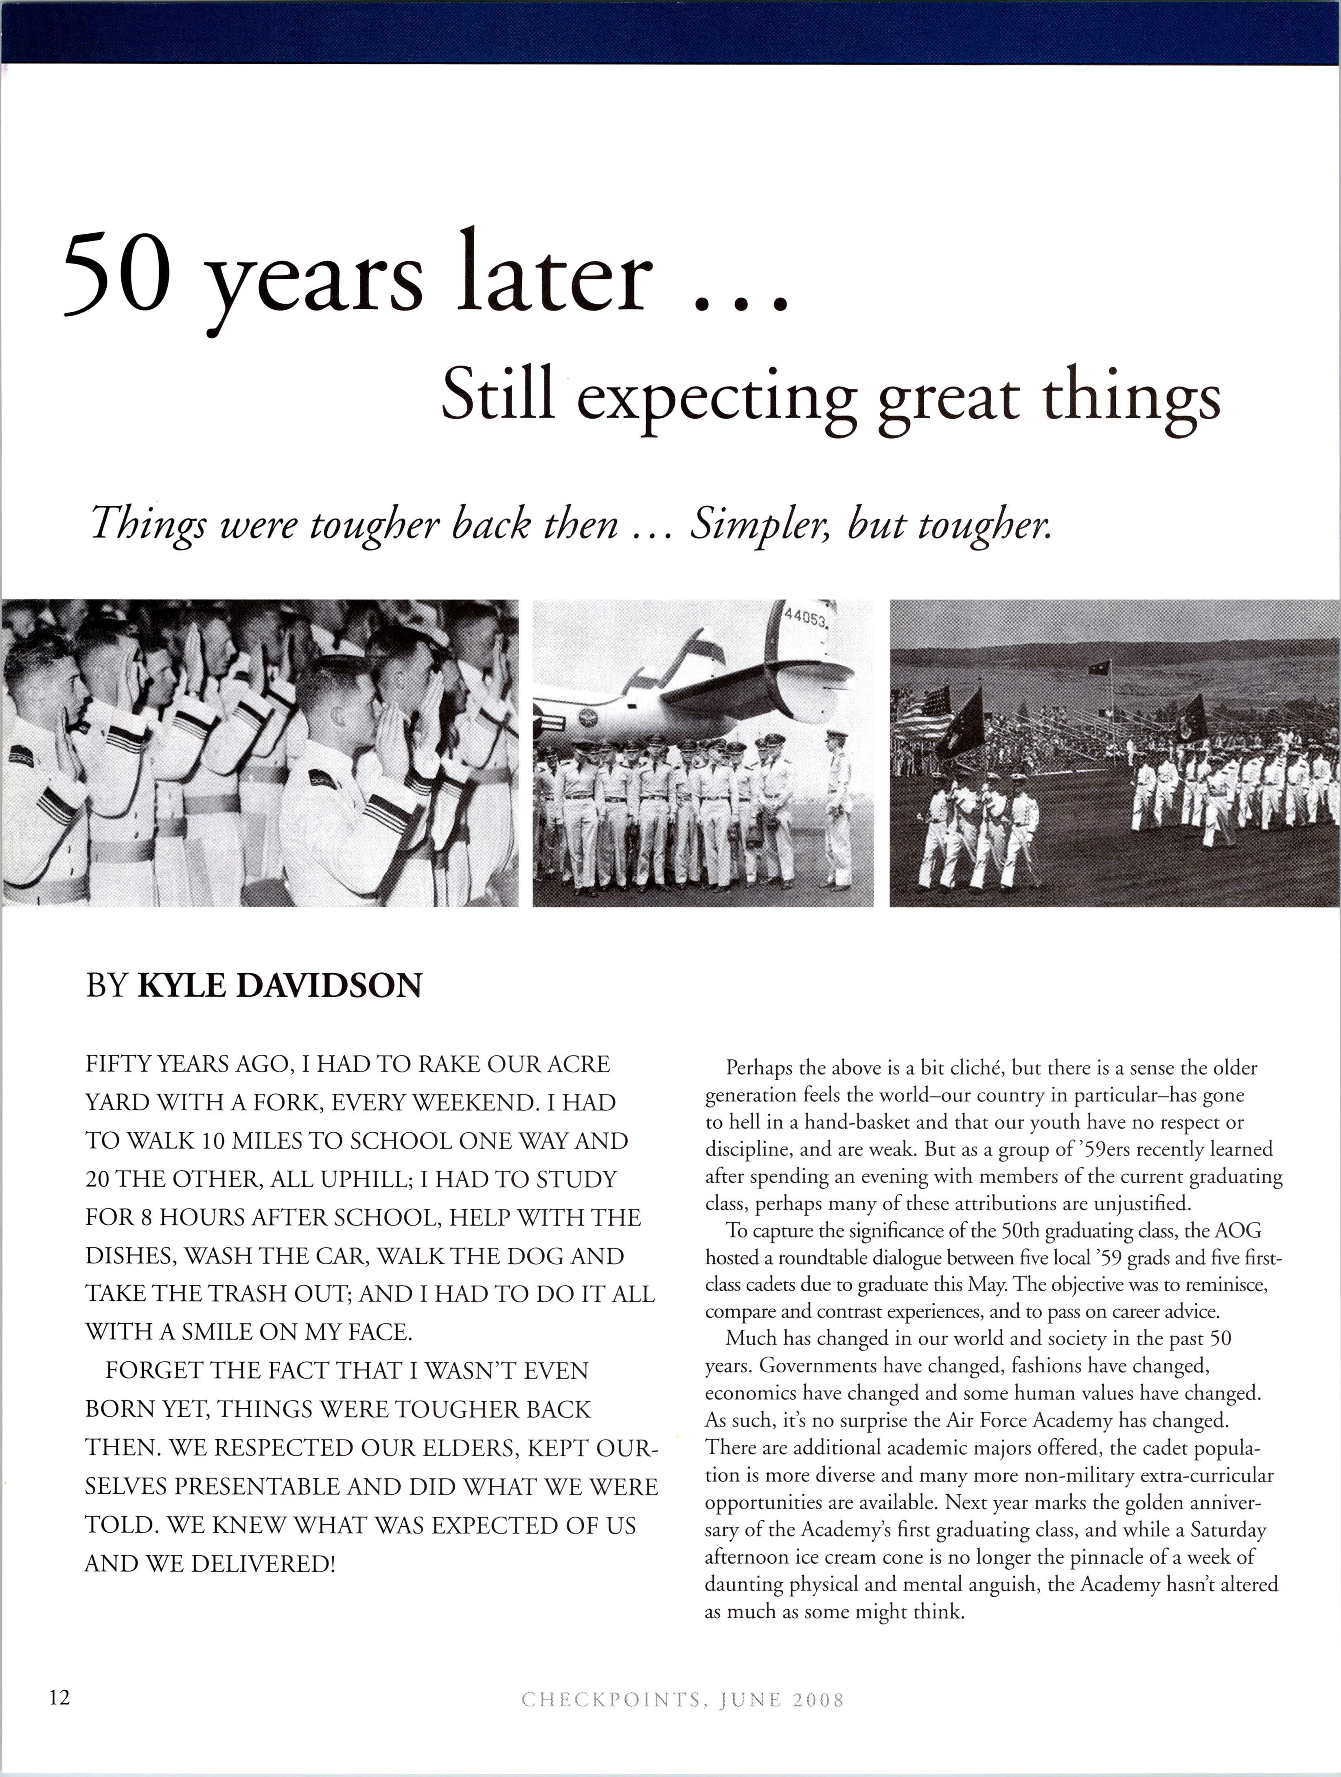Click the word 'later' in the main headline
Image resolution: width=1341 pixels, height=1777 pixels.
[x=554, y=276]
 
